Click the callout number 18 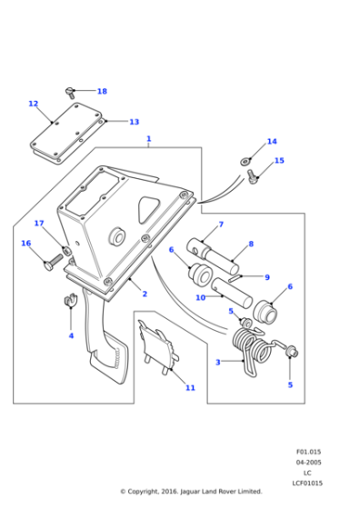(x=102, y=92)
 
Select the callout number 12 (x=34, y=104)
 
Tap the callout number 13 (x=134, y=122)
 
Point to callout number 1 (x=148, y=140)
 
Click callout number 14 (x=271, y=142)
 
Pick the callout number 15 (x=279, y=161)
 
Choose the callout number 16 (x=25, y=243)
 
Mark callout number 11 (x=190, y=388)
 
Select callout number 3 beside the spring (x=217, y=362)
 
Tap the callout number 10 (x=201, y=296)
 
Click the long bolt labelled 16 (x=51, y=263)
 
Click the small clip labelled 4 (x=68, y=303)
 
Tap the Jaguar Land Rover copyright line (x=191, y=492)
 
